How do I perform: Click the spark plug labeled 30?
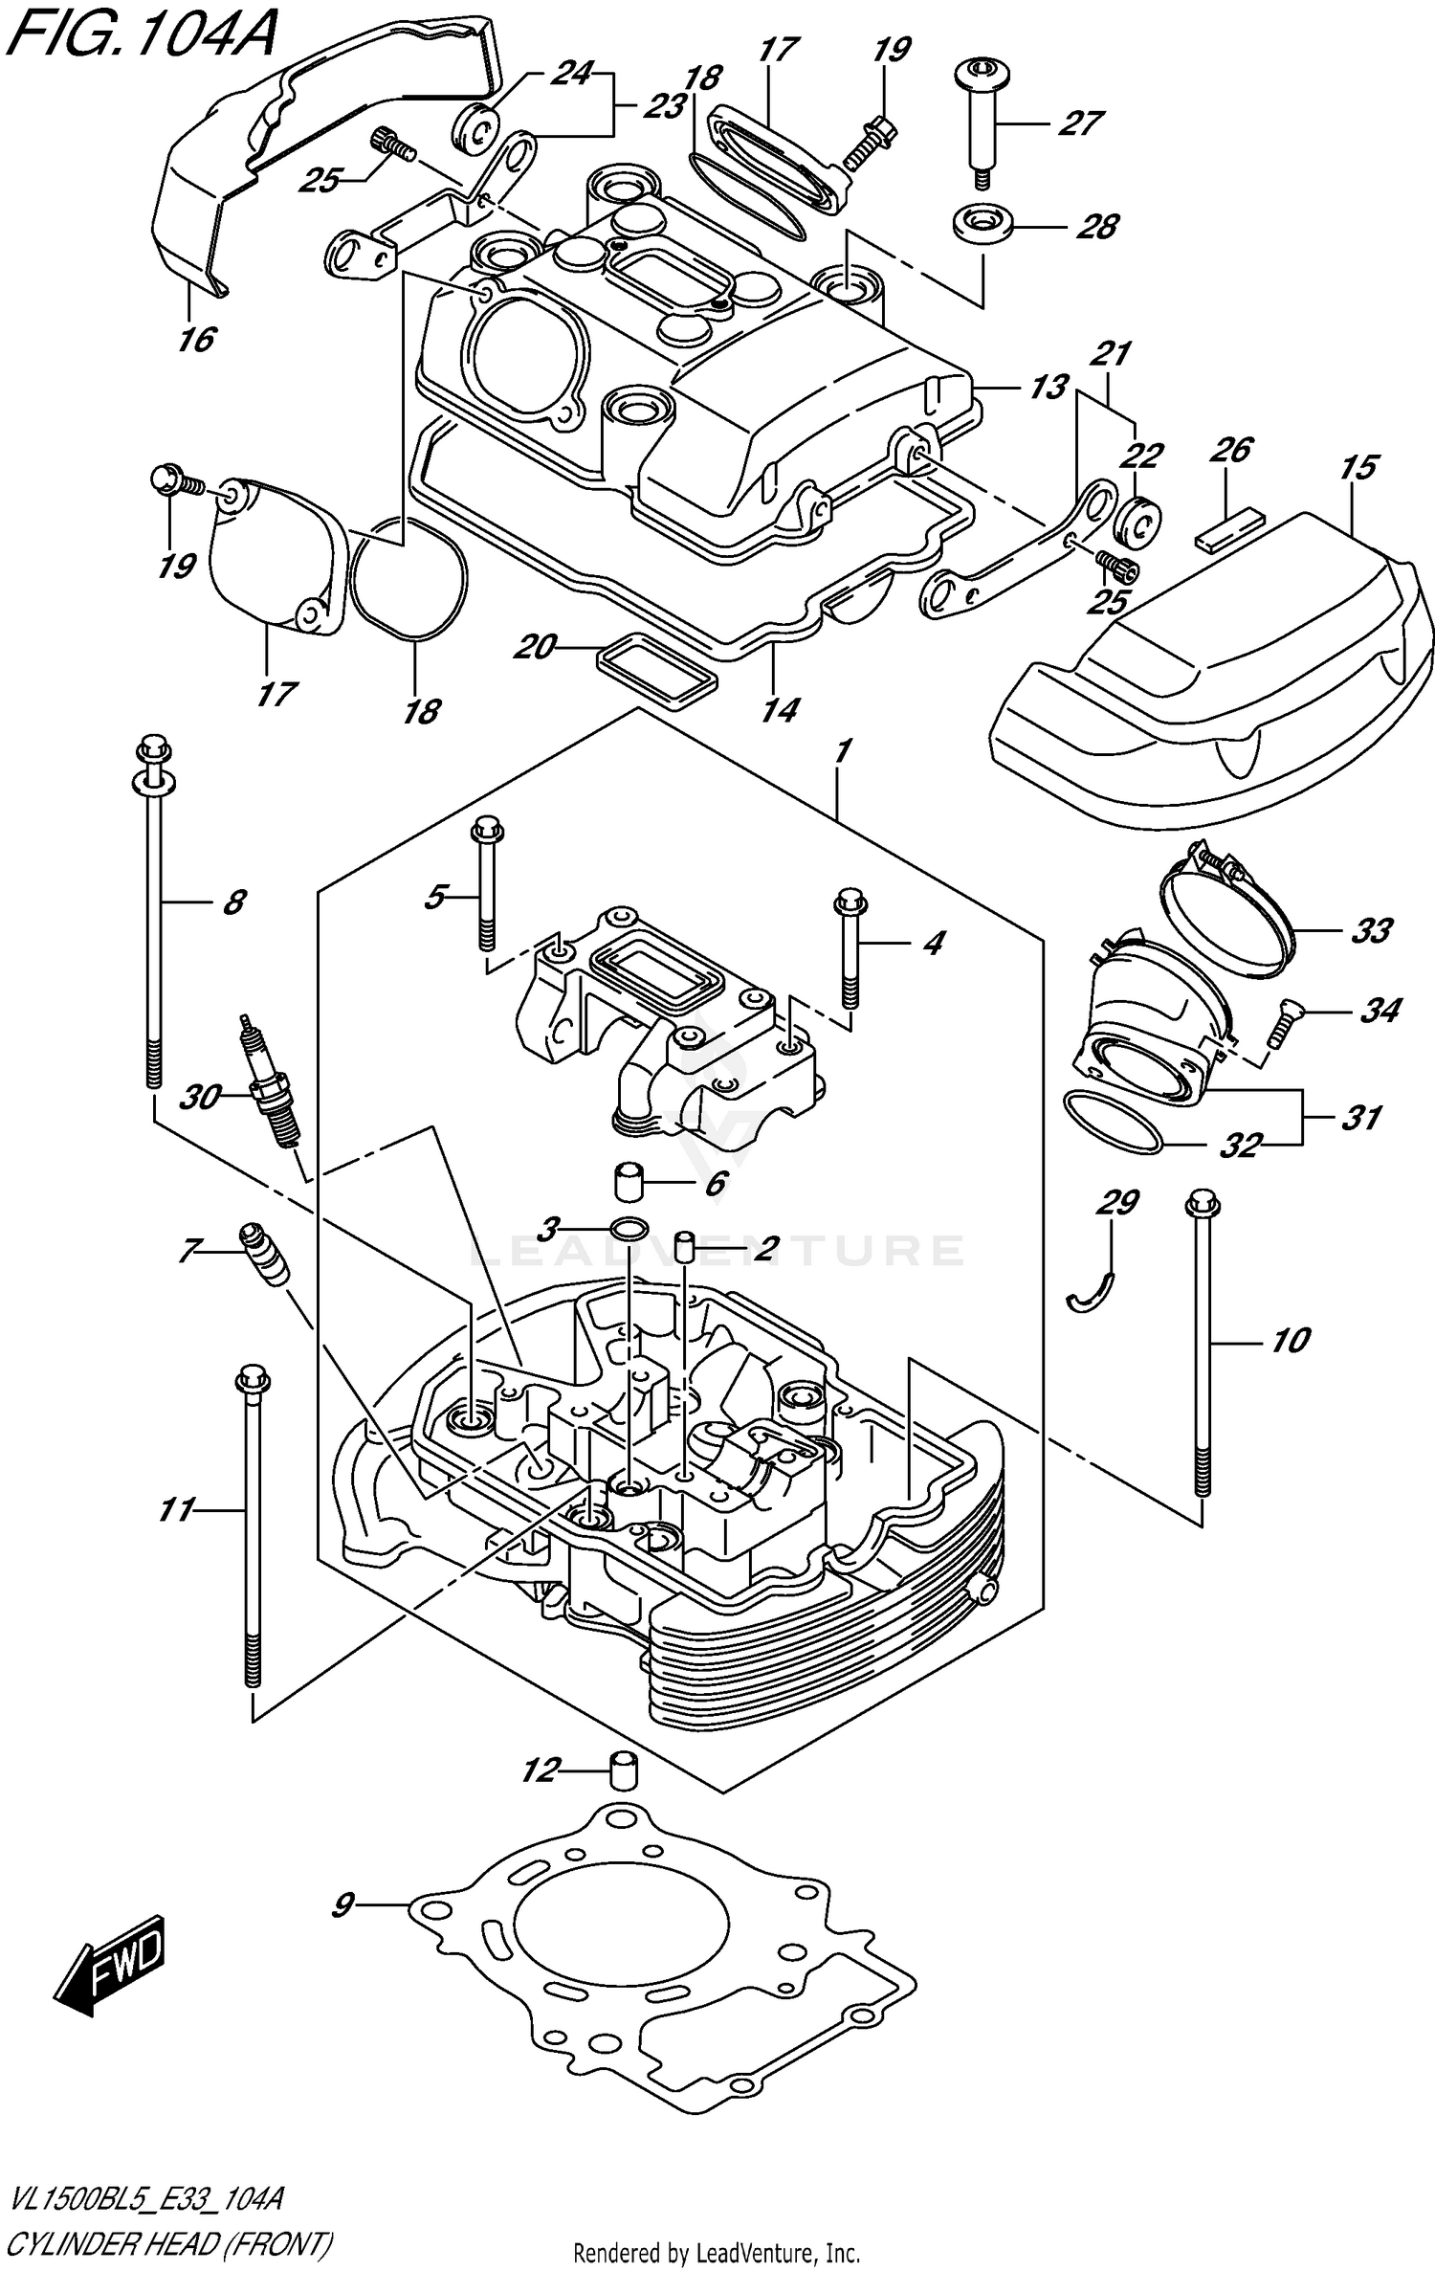click(270, 1084)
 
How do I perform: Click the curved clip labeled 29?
click(1090, 1294)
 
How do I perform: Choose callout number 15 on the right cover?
click(1358, 467)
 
